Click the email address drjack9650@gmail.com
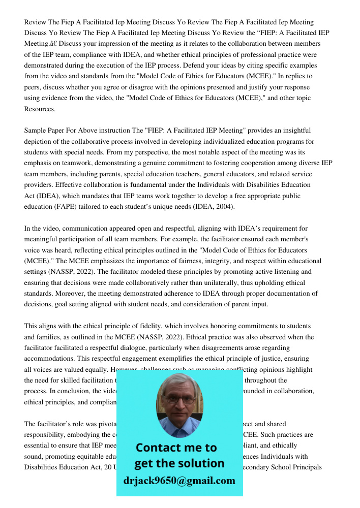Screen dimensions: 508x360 point(179,481)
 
